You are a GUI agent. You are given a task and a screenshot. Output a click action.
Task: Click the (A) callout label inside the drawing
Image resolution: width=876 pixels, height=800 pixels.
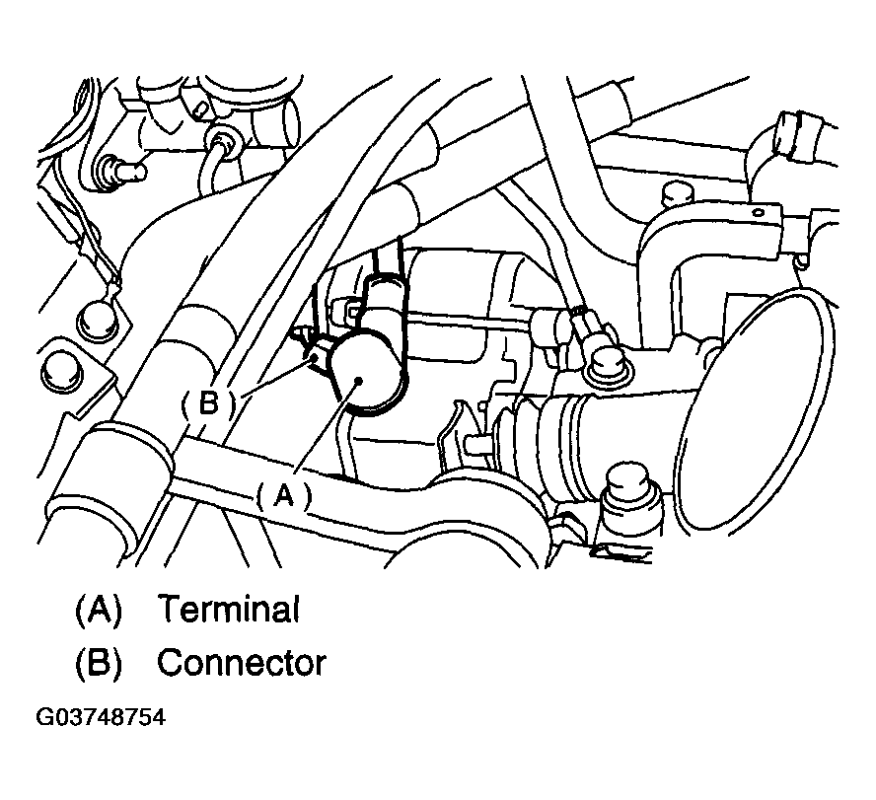(284, 495)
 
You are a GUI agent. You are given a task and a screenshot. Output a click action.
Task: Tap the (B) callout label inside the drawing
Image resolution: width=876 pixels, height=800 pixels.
(208, 403)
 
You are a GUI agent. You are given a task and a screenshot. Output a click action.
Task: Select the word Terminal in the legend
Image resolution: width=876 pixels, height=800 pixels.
(229, 609)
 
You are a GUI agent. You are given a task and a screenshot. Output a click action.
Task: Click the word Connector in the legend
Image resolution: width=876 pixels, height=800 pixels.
(242, 662)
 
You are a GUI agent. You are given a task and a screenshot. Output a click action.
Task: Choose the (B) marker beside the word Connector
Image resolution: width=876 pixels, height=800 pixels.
(99, 663)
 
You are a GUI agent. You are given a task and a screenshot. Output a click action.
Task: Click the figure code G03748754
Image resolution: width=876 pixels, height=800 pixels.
(101, 717)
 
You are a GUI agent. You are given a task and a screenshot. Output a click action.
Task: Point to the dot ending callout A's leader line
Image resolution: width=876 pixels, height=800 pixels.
(358, 381)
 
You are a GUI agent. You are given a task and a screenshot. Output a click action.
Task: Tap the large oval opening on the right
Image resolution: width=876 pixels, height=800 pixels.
(759, 409)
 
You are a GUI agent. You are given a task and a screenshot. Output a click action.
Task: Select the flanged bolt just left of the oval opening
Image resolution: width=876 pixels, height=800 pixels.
(608, 365)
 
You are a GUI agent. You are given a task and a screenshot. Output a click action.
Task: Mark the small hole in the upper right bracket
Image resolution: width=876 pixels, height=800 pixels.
(759, 212)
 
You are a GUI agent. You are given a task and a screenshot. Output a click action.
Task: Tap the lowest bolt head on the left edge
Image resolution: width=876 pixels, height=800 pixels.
(60, 370)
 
